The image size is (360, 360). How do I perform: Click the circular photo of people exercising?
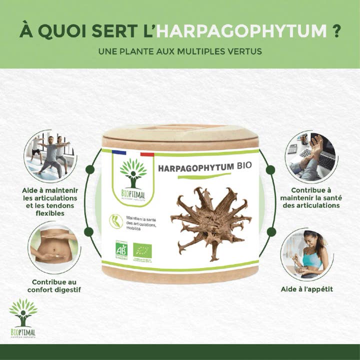pyautogui.click(x=50, y=155)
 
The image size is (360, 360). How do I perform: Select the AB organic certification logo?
pyautogui.click(x=121, y=250)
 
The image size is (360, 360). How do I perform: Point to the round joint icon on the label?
pyautogui.click(x=116, y=221)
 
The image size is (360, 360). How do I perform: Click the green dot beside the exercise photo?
pyautogui.click(x=90, y=169)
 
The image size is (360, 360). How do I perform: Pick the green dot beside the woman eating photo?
pyautogui.click(x=271, y=232)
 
